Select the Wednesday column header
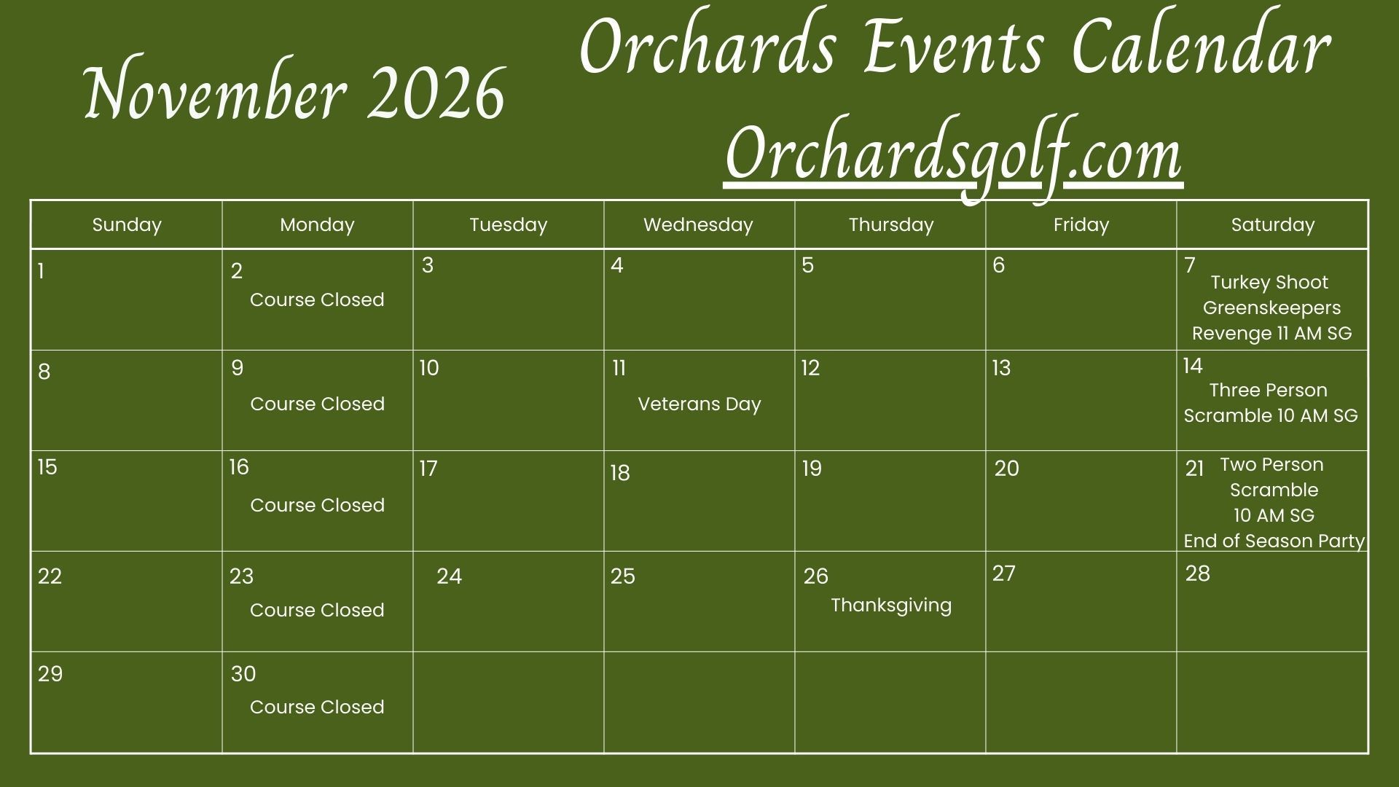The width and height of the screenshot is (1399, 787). pos(698,224)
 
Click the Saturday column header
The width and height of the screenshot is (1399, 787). pos(1272,224)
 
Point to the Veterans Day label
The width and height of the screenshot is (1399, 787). pos(699,404)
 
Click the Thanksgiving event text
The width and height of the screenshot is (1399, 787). pos(891,606)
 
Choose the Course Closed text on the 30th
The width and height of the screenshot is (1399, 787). pos(317,707)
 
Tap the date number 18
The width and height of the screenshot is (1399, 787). pos(620,473)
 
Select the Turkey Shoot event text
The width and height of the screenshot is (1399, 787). pos(1269,282)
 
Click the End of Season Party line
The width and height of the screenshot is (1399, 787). pos(1274,541)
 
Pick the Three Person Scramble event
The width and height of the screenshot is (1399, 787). pos(1270,403)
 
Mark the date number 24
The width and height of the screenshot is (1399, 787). pos(449,576)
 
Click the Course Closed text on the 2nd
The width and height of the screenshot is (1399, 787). pos(317,299)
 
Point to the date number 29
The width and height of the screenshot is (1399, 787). pos(50,674)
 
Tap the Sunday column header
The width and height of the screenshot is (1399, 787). pos(127,224)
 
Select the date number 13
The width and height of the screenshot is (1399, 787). pos(1001,368)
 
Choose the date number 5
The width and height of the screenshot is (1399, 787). pos(807,265)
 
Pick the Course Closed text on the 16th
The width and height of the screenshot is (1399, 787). pos(317,505)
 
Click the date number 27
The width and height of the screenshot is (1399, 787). pos(1003,573)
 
